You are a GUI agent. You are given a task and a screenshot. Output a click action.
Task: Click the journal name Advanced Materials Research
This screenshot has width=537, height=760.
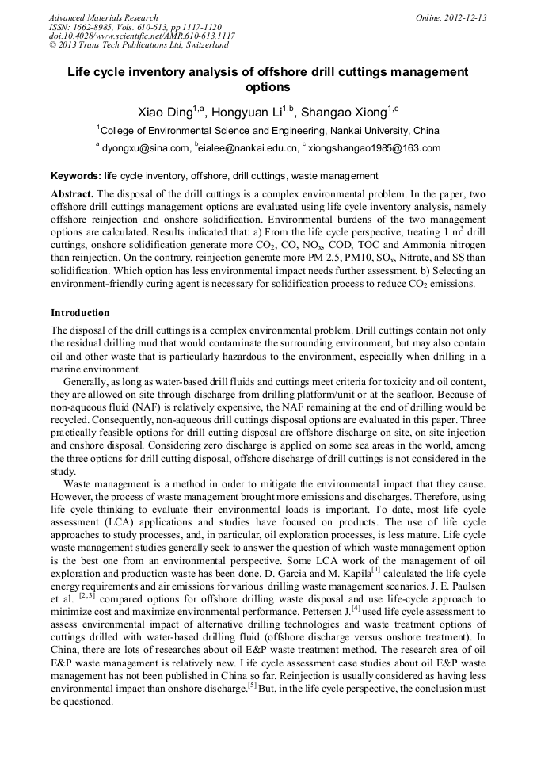[103, 17]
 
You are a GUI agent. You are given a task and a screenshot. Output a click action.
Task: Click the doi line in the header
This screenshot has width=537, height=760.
[141, 36]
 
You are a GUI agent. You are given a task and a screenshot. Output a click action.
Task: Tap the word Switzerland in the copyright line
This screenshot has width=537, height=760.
[204, 45]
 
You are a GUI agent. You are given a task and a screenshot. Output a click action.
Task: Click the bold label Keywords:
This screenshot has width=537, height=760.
[75, 176]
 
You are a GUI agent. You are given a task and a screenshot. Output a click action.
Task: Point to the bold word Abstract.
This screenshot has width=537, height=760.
[72, 194]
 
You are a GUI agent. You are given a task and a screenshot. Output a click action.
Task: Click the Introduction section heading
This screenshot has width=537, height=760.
[80, 313]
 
